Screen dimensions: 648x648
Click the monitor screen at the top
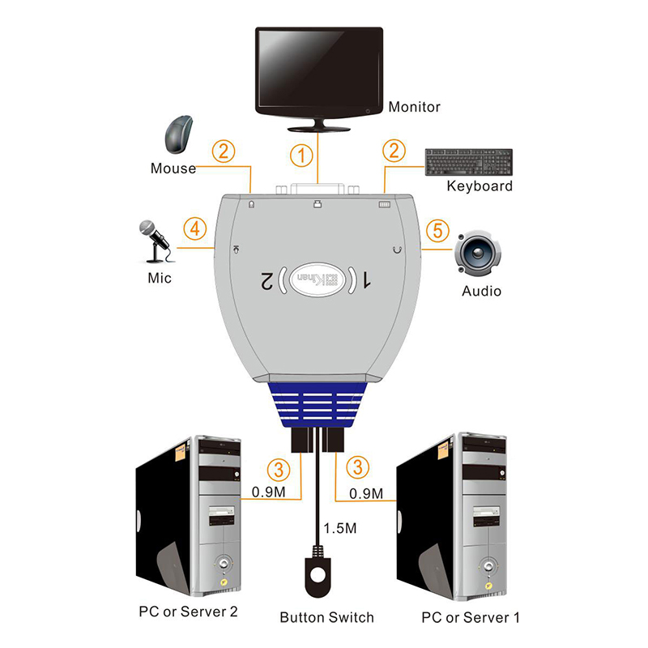[318, 71]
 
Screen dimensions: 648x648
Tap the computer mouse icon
[178, 134]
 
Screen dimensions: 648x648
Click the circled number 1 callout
[301, 155]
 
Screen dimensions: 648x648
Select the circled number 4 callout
[194, 229]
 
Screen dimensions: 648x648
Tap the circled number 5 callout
[437, 231]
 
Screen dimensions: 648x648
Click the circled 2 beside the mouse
[224, 151]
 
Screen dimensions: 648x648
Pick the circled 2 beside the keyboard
[394, 151]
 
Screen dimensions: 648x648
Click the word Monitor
[414, 107]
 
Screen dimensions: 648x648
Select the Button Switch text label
[327, 618]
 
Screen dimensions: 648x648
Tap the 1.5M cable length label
[340, 529]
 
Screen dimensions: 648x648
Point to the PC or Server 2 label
[188, 610]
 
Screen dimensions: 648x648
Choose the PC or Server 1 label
[471, 618]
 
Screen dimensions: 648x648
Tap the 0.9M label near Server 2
[267, 492]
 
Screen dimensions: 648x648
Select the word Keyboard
[480, 186]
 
